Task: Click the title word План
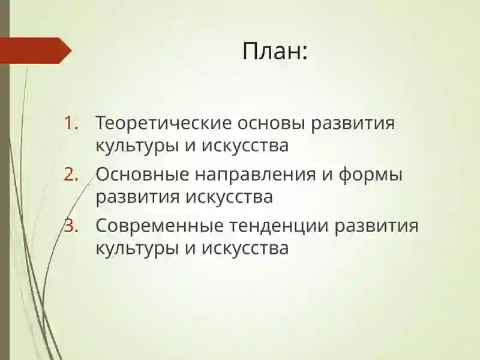271,51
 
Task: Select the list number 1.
71,124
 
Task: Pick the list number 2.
71,175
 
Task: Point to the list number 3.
71,227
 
